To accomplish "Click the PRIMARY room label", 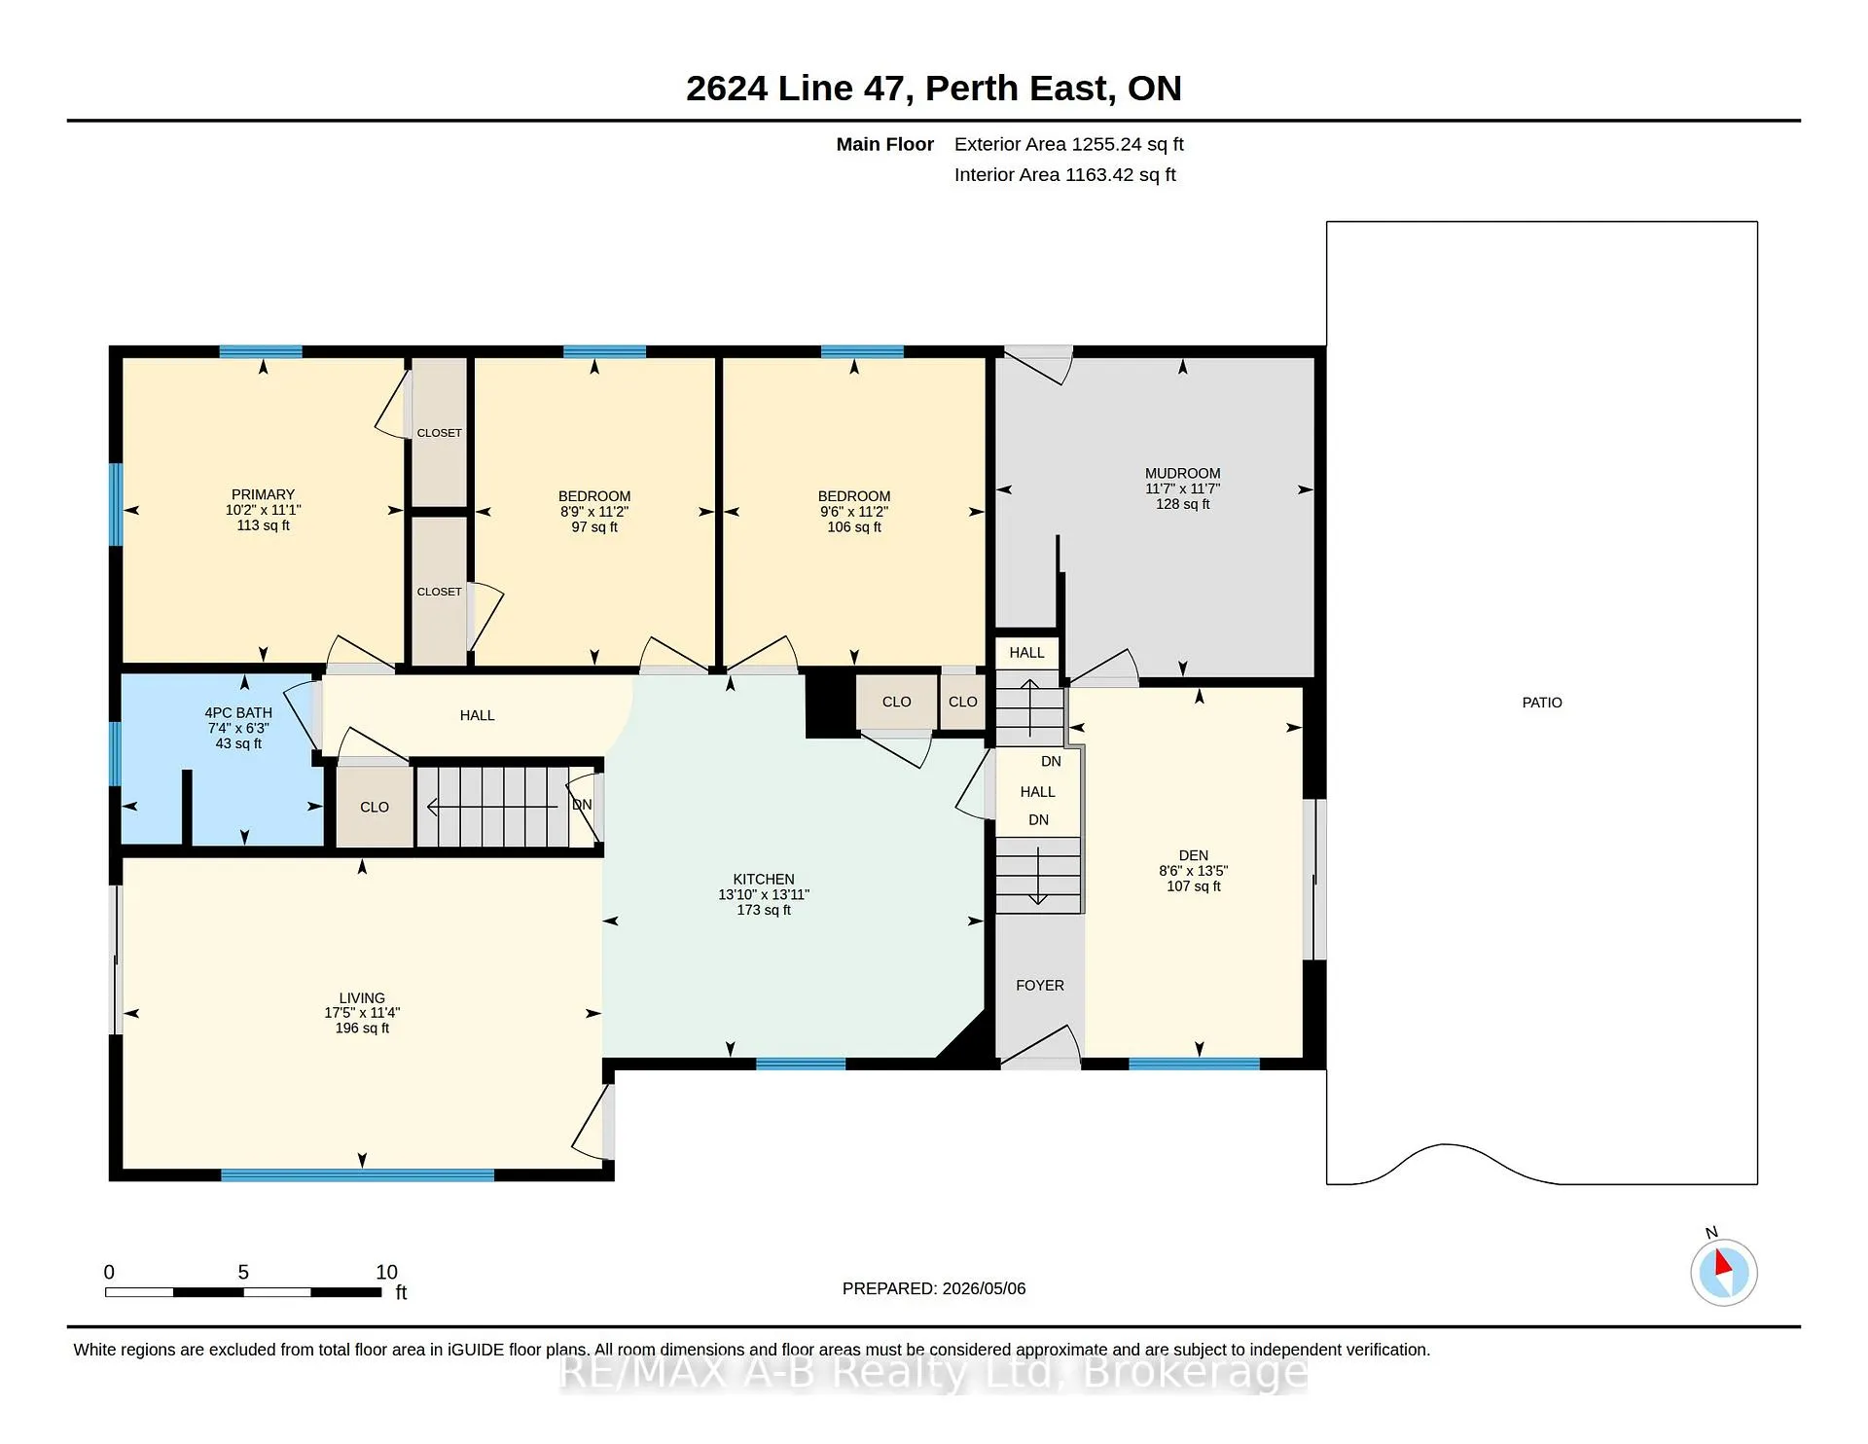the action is (x=263, y=494).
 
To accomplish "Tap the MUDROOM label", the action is (x=1182, y=473).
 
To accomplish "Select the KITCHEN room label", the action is (x=764, y=879).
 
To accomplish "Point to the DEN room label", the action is (x=1194, y=855).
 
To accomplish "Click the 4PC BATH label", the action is (x=238, y=712).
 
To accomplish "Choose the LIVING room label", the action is (x=362, y=997).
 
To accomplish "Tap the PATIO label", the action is (x=1542, y=703).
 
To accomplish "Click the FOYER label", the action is (x=1040, y=985).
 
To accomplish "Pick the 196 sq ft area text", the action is (x=362, y=1028).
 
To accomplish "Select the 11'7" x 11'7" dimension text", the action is (x=1182, y=488).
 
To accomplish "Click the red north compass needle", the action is (x=1723, y=1263).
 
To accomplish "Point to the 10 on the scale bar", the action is (x=386, y=1272).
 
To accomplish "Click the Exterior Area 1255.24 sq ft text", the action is (x=1069, y=144).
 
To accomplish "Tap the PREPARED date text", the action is (x=934, y=1288).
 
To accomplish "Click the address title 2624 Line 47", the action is (x=800, y=89).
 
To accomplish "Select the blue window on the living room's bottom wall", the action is (x=358, y=1174).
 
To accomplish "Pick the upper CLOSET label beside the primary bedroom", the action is (x=439, y=433).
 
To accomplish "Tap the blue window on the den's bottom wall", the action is (x=1194, y=1064).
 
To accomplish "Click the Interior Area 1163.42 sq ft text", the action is (x=1065, y=175).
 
